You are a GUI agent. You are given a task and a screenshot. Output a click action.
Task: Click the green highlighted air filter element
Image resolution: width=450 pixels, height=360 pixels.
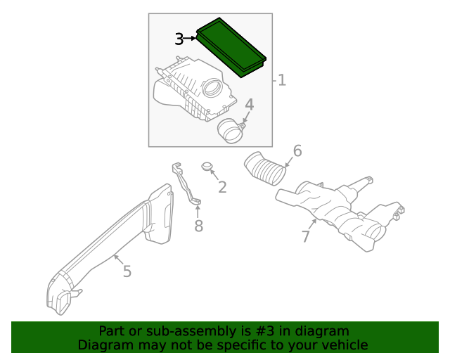coord(231,46)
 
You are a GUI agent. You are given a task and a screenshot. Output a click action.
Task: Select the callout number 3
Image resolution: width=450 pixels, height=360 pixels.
coord(179,39)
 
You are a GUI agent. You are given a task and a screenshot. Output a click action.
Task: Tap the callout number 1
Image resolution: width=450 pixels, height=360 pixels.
coord(282,80)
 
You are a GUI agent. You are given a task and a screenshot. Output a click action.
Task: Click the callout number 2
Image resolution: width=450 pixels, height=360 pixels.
coord(222,187)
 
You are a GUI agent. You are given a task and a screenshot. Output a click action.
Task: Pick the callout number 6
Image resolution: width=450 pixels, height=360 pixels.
coord(297,151)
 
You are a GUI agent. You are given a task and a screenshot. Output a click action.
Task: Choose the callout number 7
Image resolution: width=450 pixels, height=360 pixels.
coord(305,237)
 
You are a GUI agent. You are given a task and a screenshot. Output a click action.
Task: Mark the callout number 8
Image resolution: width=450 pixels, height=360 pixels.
coord(198,226)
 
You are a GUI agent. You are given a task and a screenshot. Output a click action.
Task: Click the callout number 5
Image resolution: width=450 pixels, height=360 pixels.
coord(127,271)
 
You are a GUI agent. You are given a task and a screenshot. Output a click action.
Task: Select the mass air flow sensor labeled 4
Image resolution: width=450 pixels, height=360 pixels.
coord(231,130)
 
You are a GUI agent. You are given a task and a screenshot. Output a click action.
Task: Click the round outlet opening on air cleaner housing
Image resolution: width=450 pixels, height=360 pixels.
coord(212,89)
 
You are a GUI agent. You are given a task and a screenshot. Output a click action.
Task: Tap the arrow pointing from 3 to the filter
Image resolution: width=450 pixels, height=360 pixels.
coord(191,39)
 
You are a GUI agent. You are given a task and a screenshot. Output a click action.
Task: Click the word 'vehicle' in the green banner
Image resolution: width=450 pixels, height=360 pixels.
coord(343,345)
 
